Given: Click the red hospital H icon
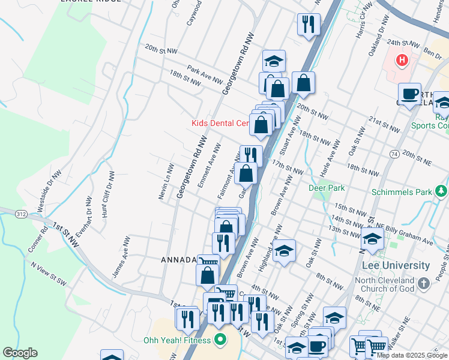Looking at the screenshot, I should [x=402, y=61].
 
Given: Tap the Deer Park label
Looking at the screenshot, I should [x=327, y=187].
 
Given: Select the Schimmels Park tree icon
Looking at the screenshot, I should [x=442, y=191].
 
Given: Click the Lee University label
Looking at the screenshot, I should [x=396, y=265].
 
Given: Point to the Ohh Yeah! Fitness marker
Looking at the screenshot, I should [x=220, y=340].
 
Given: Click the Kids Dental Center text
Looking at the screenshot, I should [x=220, y=123].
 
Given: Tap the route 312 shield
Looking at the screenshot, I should [x=21, y=214].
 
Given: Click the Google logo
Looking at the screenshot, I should [x=20, y=353].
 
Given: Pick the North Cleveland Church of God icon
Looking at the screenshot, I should [x=424, y=283].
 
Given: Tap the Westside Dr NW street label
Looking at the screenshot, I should [x=48, y=191].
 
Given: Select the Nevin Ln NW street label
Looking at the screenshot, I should [x=166, y=182].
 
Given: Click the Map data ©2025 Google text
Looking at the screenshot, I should [x=412, y=355].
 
